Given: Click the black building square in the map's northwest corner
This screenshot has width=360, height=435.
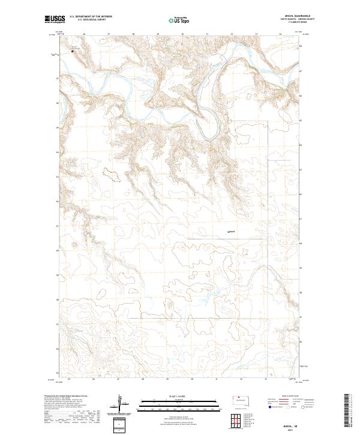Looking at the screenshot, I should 73,52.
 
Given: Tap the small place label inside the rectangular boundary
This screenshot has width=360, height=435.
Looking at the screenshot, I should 232,232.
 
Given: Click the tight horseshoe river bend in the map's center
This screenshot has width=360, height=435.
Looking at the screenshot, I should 206,114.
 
